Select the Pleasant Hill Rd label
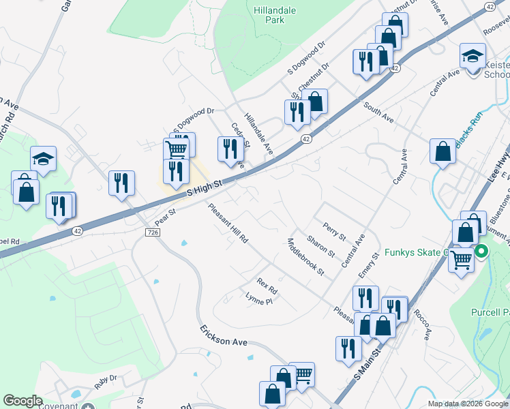click(228, 225)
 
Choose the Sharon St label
click(320, 246)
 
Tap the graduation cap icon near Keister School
click(472, 56)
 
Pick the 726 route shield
click(153, 232)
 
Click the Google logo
click(22, 401)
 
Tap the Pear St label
click(165, 216)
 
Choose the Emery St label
click(368, 266)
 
